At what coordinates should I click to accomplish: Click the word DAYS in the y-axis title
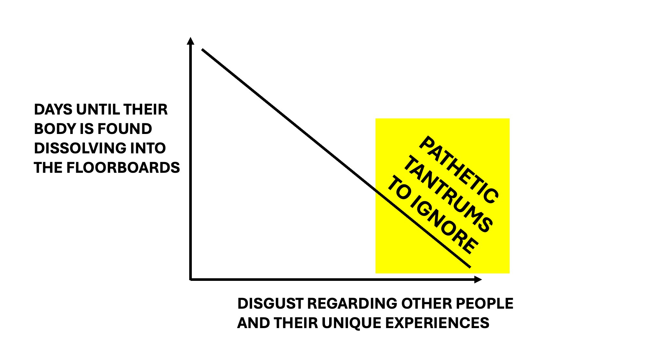pos(53,110)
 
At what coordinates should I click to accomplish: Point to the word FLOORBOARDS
pos(123,168)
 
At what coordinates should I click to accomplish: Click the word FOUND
pos(125,129)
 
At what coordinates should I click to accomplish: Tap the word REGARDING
pos(352,303)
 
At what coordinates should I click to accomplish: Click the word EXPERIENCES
pos(437,323)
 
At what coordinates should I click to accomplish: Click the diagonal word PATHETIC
pos(459,170)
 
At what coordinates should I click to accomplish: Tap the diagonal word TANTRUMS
pos(449,194)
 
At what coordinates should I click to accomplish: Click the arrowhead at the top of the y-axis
pos(191,41)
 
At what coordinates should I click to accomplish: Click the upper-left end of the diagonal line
pos(202,50)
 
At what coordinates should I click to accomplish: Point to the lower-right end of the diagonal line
pos(470,267)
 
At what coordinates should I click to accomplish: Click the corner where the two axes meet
pos(191,279)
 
